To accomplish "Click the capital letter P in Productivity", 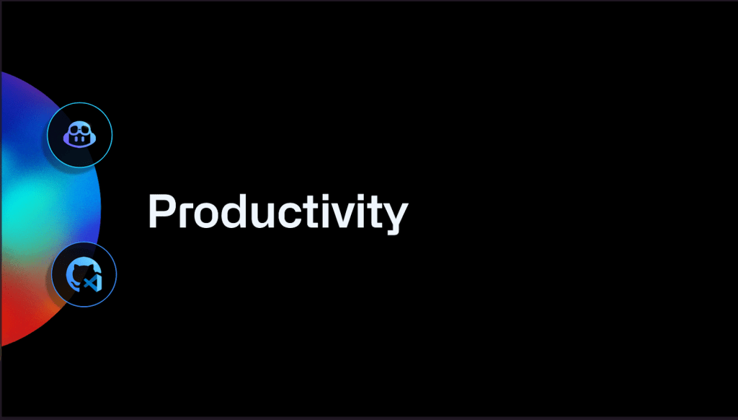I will (162, 211).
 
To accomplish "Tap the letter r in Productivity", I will (184, 215).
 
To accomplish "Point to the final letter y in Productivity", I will (393, 218).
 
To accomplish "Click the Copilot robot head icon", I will (79, 135).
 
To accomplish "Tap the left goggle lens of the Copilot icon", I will (74, 132).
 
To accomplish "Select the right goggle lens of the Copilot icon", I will (85, 132).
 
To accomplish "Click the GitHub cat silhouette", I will (78, 274).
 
